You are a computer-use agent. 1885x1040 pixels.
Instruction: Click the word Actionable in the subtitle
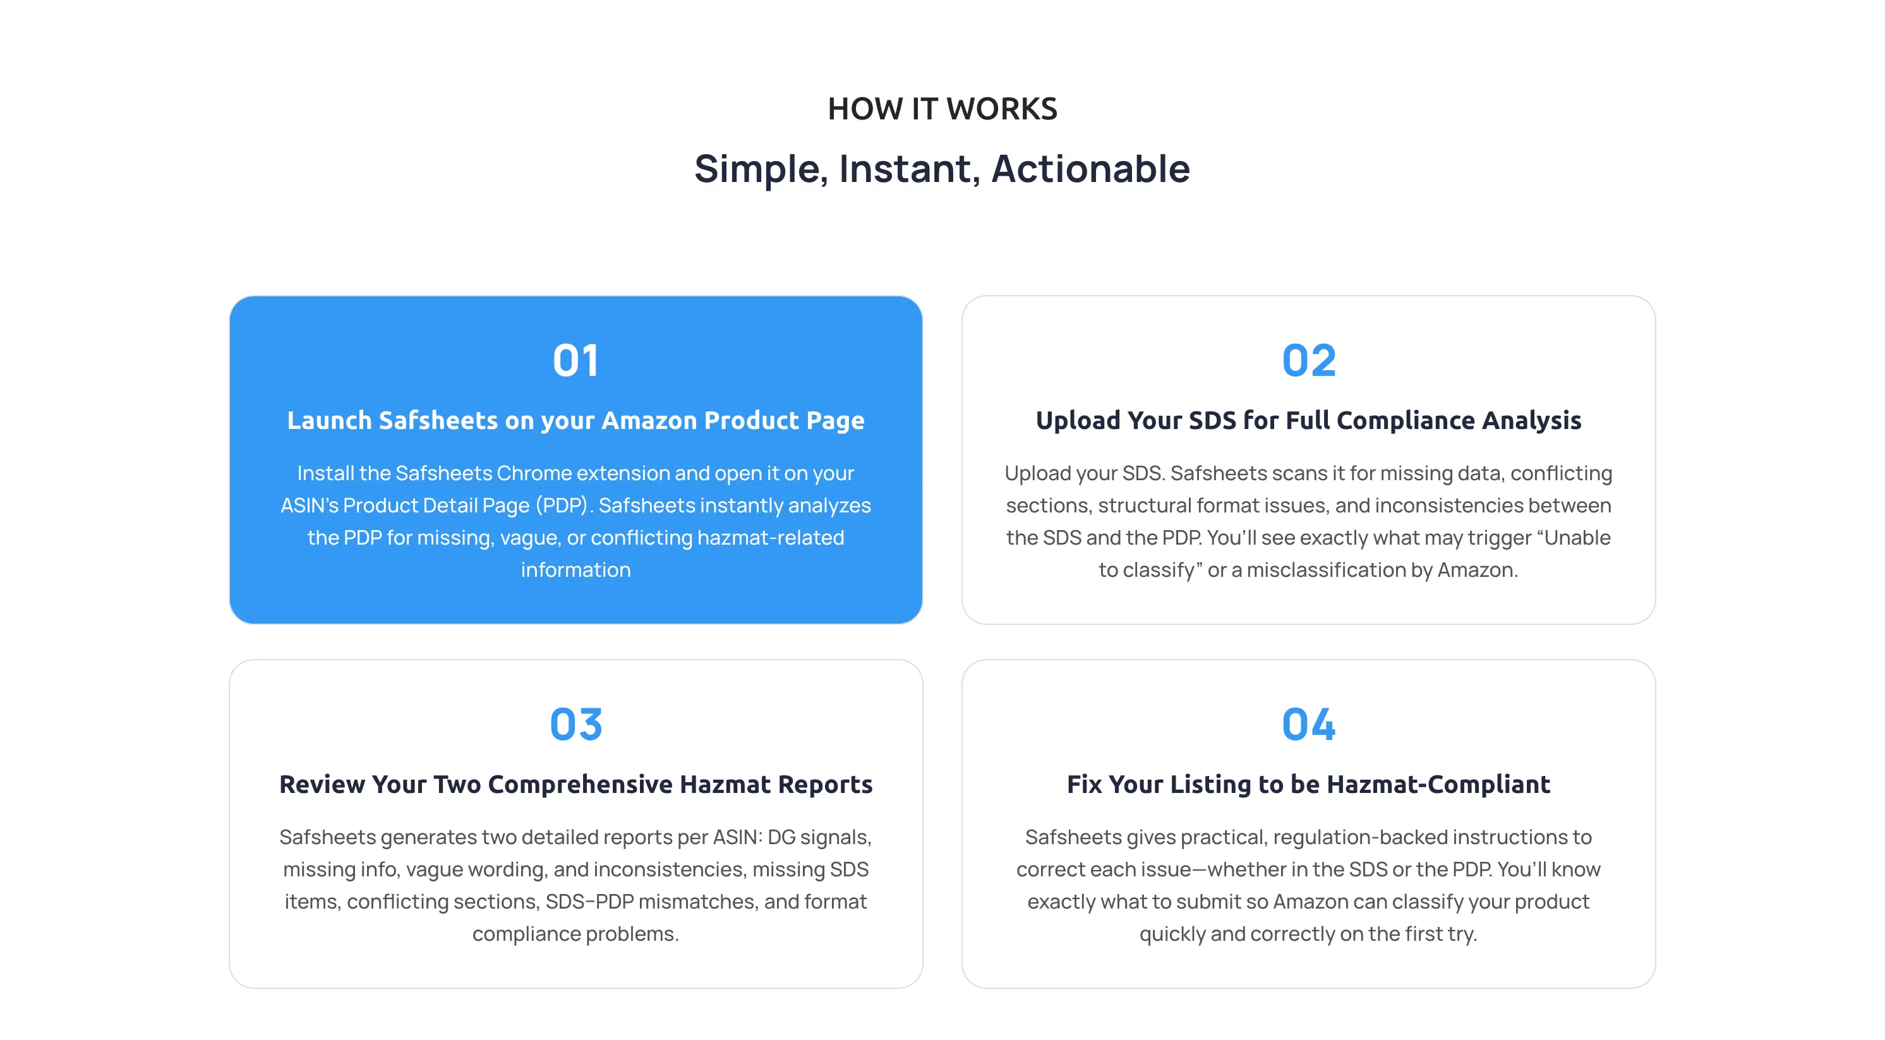click(x=1090, y=169)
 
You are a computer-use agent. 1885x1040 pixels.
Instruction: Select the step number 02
click(x=1308, y=361)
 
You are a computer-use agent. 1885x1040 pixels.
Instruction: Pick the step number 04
click(x=1308, y=725)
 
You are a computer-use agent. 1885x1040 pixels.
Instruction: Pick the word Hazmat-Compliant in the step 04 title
click(x=1438, y=784)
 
